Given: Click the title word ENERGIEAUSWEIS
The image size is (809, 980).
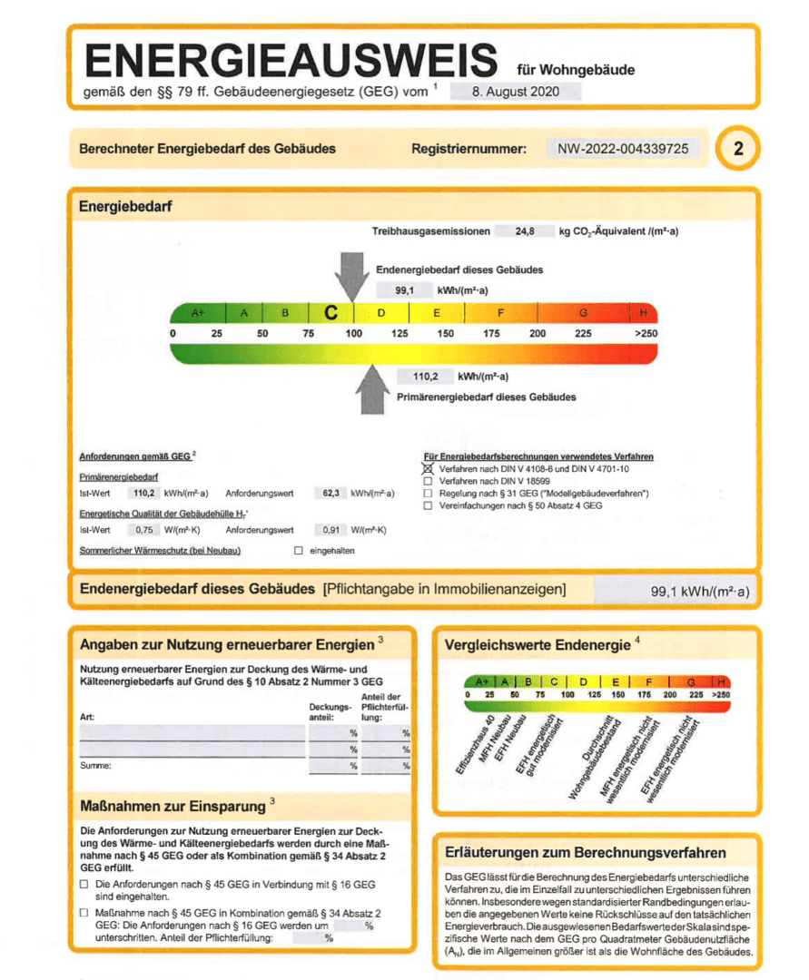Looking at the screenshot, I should [x=291, y=61].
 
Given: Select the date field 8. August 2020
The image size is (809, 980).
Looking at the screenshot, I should [x=515, y=92].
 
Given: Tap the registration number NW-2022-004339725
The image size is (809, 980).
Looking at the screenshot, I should [x=623, y=149].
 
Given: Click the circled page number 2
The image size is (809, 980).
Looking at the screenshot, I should [x=737, y=150].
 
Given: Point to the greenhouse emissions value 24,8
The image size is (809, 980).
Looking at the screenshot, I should [x=524, y=232].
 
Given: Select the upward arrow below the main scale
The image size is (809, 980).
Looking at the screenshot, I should [x=372, y=389].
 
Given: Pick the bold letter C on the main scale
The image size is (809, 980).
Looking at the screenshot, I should [x=331, y=313].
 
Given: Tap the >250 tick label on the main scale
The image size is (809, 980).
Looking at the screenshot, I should [x=646, y=334].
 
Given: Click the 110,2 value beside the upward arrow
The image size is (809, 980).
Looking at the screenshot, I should [x=426, y=377].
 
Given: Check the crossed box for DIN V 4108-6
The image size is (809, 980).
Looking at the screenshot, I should [x=428, y=469].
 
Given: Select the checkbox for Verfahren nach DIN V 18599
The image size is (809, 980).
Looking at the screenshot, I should [x=428, y=481].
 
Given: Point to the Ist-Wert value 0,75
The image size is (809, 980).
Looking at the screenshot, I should [x=143, y=530].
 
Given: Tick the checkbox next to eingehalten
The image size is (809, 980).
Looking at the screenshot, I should [x=298, y=551].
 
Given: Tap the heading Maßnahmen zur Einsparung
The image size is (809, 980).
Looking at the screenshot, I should [x=173, y=807].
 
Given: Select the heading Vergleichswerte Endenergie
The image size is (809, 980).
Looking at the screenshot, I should [x=538, y=645].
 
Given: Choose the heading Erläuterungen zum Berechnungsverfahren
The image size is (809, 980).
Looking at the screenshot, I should [x=585, y=853].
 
